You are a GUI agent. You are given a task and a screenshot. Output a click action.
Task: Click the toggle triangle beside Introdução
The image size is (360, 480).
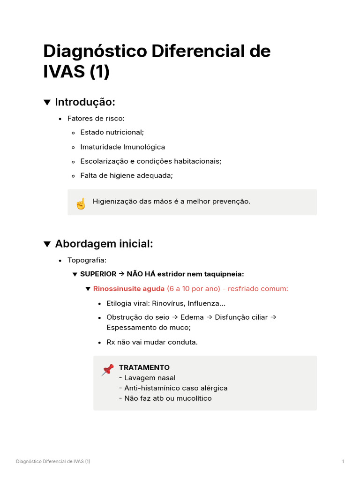pos(47,102)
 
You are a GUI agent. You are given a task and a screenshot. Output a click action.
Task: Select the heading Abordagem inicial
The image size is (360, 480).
pos(104,244)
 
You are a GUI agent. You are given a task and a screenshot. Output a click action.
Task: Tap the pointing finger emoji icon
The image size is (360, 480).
pos(81,203)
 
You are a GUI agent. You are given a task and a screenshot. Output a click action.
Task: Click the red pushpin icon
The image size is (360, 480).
pos(107,370)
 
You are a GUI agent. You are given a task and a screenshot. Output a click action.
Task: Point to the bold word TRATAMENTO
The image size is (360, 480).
pos(144,367)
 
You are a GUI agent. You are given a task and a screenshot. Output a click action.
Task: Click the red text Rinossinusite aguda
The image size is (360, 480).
pos(129,289)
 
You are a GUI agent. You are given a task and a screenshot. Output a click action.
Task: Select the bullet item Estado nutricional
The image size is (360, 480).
pos(112,133)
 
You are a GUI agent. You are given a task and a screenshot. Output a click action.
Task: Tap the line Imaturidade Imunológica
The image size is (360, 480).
pos(122,147)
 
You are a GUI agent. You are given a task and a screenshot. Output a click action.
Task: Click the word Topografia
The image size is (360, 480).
pos(87,260)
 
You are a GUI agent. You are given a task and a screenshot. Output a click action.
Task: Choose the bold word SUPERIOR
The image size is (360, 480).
pos(98,274)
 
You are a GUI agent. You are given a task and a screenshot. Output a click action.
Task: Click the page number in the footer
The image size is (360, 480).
pos(343,462)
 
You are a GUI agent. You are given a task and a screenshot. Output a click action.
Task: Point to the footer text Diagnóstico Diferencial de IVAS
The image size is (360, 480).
pos(53,462)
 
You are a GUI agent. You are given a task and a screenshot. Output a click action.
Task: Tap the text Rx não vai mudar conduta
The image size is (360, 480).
pos(152,342)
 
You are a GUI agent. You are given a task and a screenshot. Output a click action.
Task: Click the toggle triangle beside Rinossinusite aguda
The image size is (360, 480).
pos(88,289)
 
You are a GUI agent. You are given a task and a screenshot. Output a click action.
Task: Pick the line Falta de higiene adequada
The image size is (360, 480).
pos(127,176)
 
